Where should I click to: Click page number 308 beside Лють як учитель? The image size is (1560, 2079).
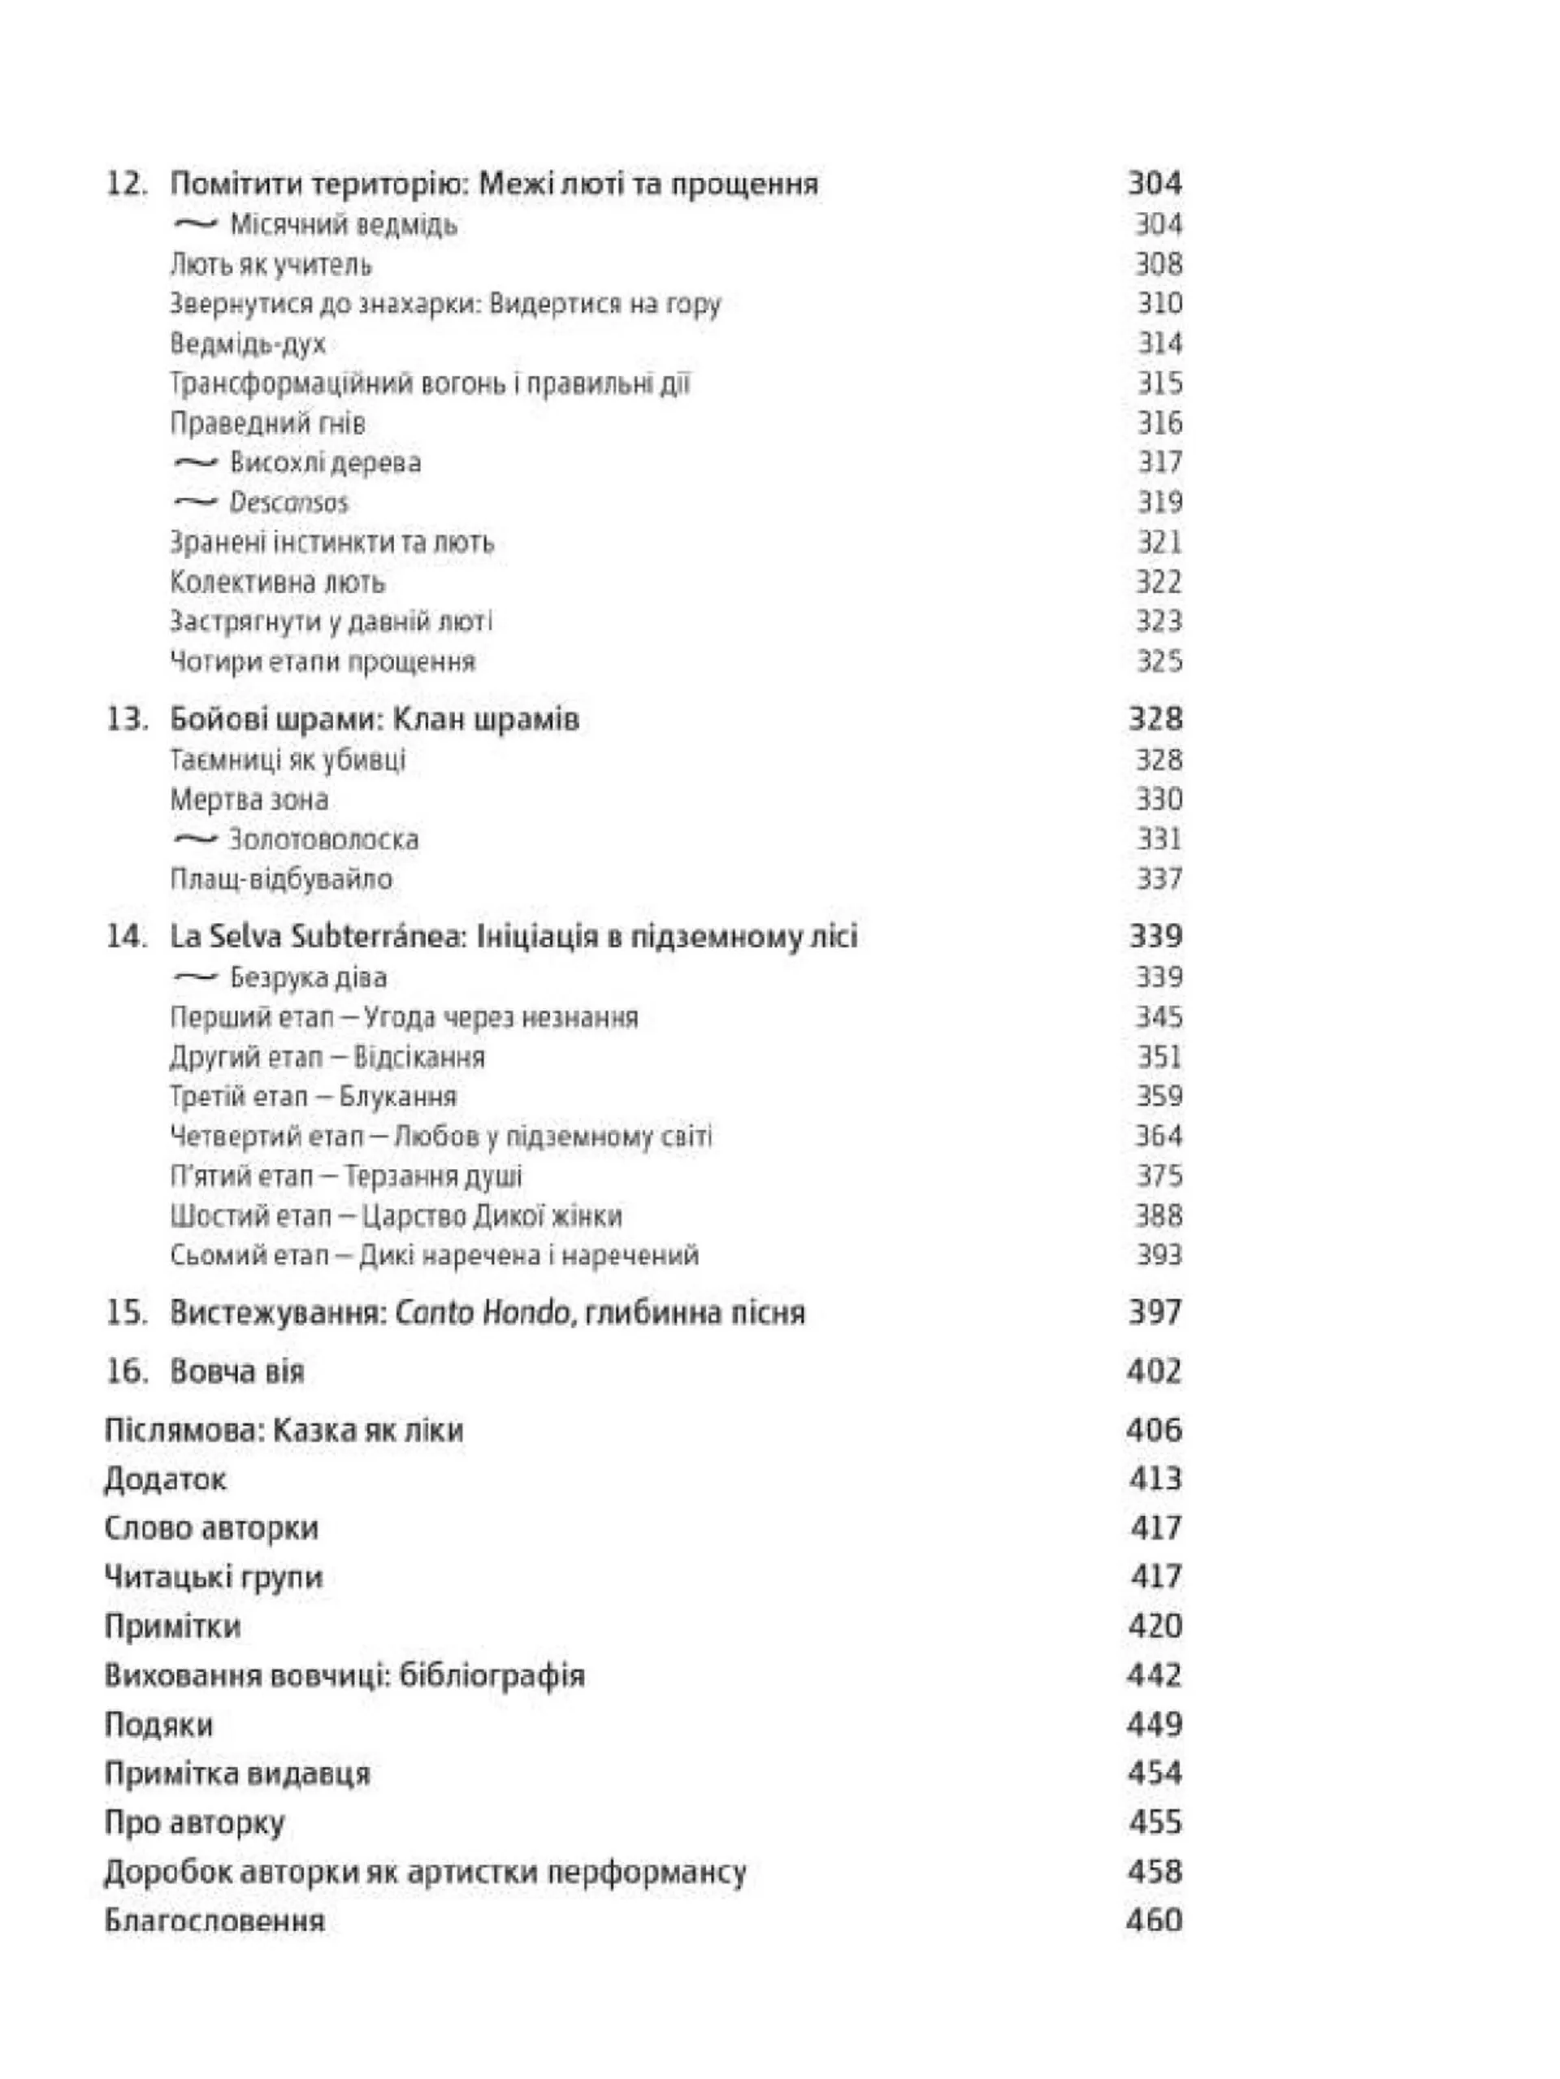(1158, 264)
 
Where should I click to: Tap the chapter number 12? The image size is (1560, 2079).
(126, 184)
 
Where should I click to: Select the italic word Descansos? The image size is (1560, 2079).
(288, 503)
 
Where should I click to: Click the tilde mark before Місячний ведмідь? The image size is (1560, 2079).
(196, 224)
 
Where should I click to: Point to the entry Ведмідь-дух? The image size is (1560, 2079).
(248, 344)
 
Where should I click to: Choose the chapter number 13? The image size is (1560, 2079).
(126, 719)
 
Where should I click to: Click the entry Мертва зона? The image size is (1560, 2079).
(249, 799)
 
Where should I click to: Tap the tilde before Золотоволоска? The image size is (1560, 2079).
(196, 839)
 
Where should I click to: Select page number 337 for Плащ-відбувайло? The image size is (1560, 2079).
(1158, 879)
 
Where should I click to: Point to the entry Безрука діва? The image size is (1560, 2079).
(308, 977)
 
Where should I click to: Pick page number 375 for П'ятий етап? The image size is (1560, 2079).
(1158, 1176)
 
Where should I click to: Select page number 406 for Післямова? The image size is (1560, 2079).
(1154, 1431)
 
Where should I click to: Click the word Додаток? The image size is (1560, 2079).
(166, 1479)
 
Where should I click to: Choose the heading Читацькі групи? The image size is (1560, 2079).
(214, 1576)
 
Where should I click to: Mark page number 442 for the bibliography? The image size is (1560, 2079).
(1154, 1675)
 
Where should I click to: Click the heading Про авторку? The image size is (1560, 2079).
(194, 1822)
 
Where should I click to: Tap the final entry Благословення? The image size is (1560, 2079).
(214, 1920)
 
